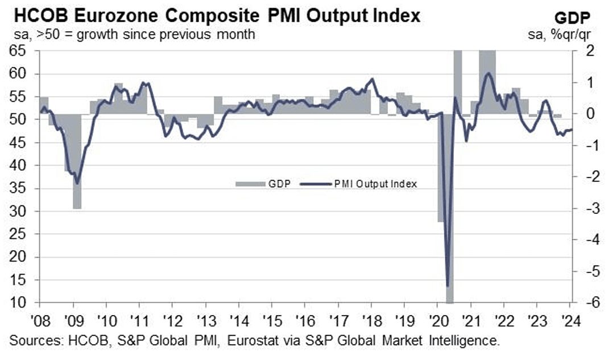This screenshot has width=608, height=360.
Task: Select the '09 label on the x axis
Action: point(73,318)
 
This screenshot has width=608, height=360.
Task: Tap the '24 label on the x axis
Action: point(569,318)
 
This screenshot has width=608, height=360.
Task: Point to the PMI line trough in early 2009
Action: point(77,183)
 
